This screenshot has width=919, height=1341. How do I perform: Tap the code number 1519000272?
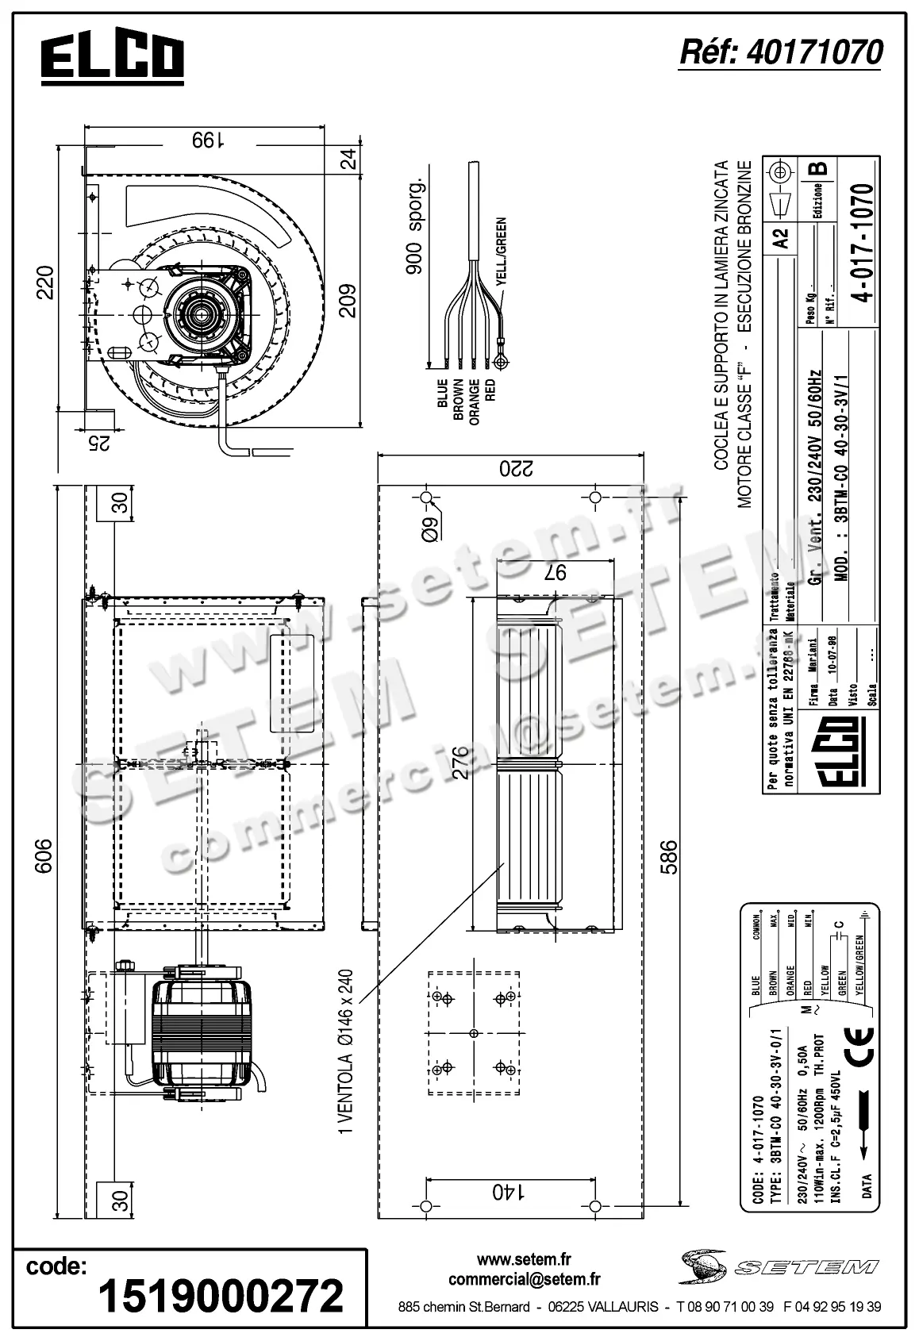(x=220, y=1295)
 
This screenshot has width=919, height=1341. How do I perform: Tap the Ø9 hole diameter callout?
(x=429, y=526)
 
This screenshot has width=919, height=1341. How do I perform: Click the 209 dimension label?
(x=348, y=300)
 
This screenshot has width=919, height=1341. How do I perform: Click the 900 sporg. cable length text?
(x=413, y=227)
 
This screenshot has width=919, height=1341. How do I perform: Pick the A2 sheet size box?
(x=781, y=237)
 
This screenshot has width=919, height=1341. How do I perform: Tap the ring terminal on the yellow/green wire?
(x=500, y=362)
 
